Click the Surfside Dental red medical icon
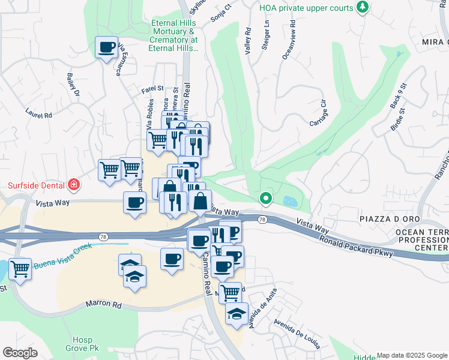pos(74,184)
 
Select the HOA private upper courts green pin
pos(362,7)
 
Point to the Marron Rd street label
pos(103,305)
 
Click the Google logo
pos(20,352)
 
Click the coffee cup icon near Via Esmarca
pos(107,47)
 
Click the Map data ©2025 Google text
pos(412,355)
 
